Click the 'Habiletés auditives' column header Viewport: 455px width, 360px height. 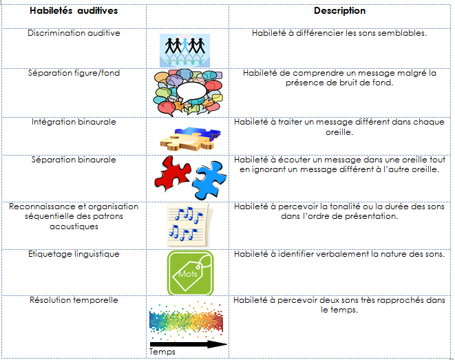pos(74,11)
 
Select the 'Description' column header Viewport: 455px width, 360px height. pos(339,11)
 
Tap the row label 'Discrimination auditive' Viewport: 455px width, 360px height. pos(74,33)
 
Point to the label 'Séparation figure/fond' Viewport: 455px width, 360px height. pos(74,73)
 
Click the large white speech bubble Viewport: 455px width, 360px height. pos(191,92)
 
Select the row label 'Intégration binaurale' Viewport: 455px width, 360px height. pos(74,122)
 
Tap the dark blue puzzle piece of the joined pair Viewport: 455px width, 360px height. pos(200,133)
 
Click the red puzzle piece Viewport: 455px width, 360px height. pos(172,174)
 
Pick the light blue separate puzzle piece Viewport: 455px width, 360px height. pos(209,180)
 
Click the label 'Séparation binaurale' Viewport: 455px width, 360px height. pos(74,160)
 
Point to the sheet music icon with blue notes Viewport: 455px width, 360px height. pos(189,225)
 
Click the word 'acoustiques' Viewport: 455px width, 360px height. pos(74,226)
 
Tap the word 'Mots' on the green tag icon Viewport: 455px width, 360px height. pos(188,274)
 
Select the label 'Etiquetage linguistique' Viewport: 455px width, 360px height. pos(74,254)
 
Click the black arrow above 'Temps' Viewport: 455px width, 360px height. pos(189,344)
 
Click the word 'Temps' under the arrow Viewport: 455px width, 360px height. pos(162,352)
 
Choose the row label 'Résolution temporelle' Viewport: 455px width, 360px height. pos(74,300)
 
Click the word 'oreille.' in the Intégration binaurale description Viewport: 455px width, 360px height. pos(339,132)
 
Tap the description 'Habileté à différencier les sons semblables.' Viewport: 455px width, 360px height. pos(339,33)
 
